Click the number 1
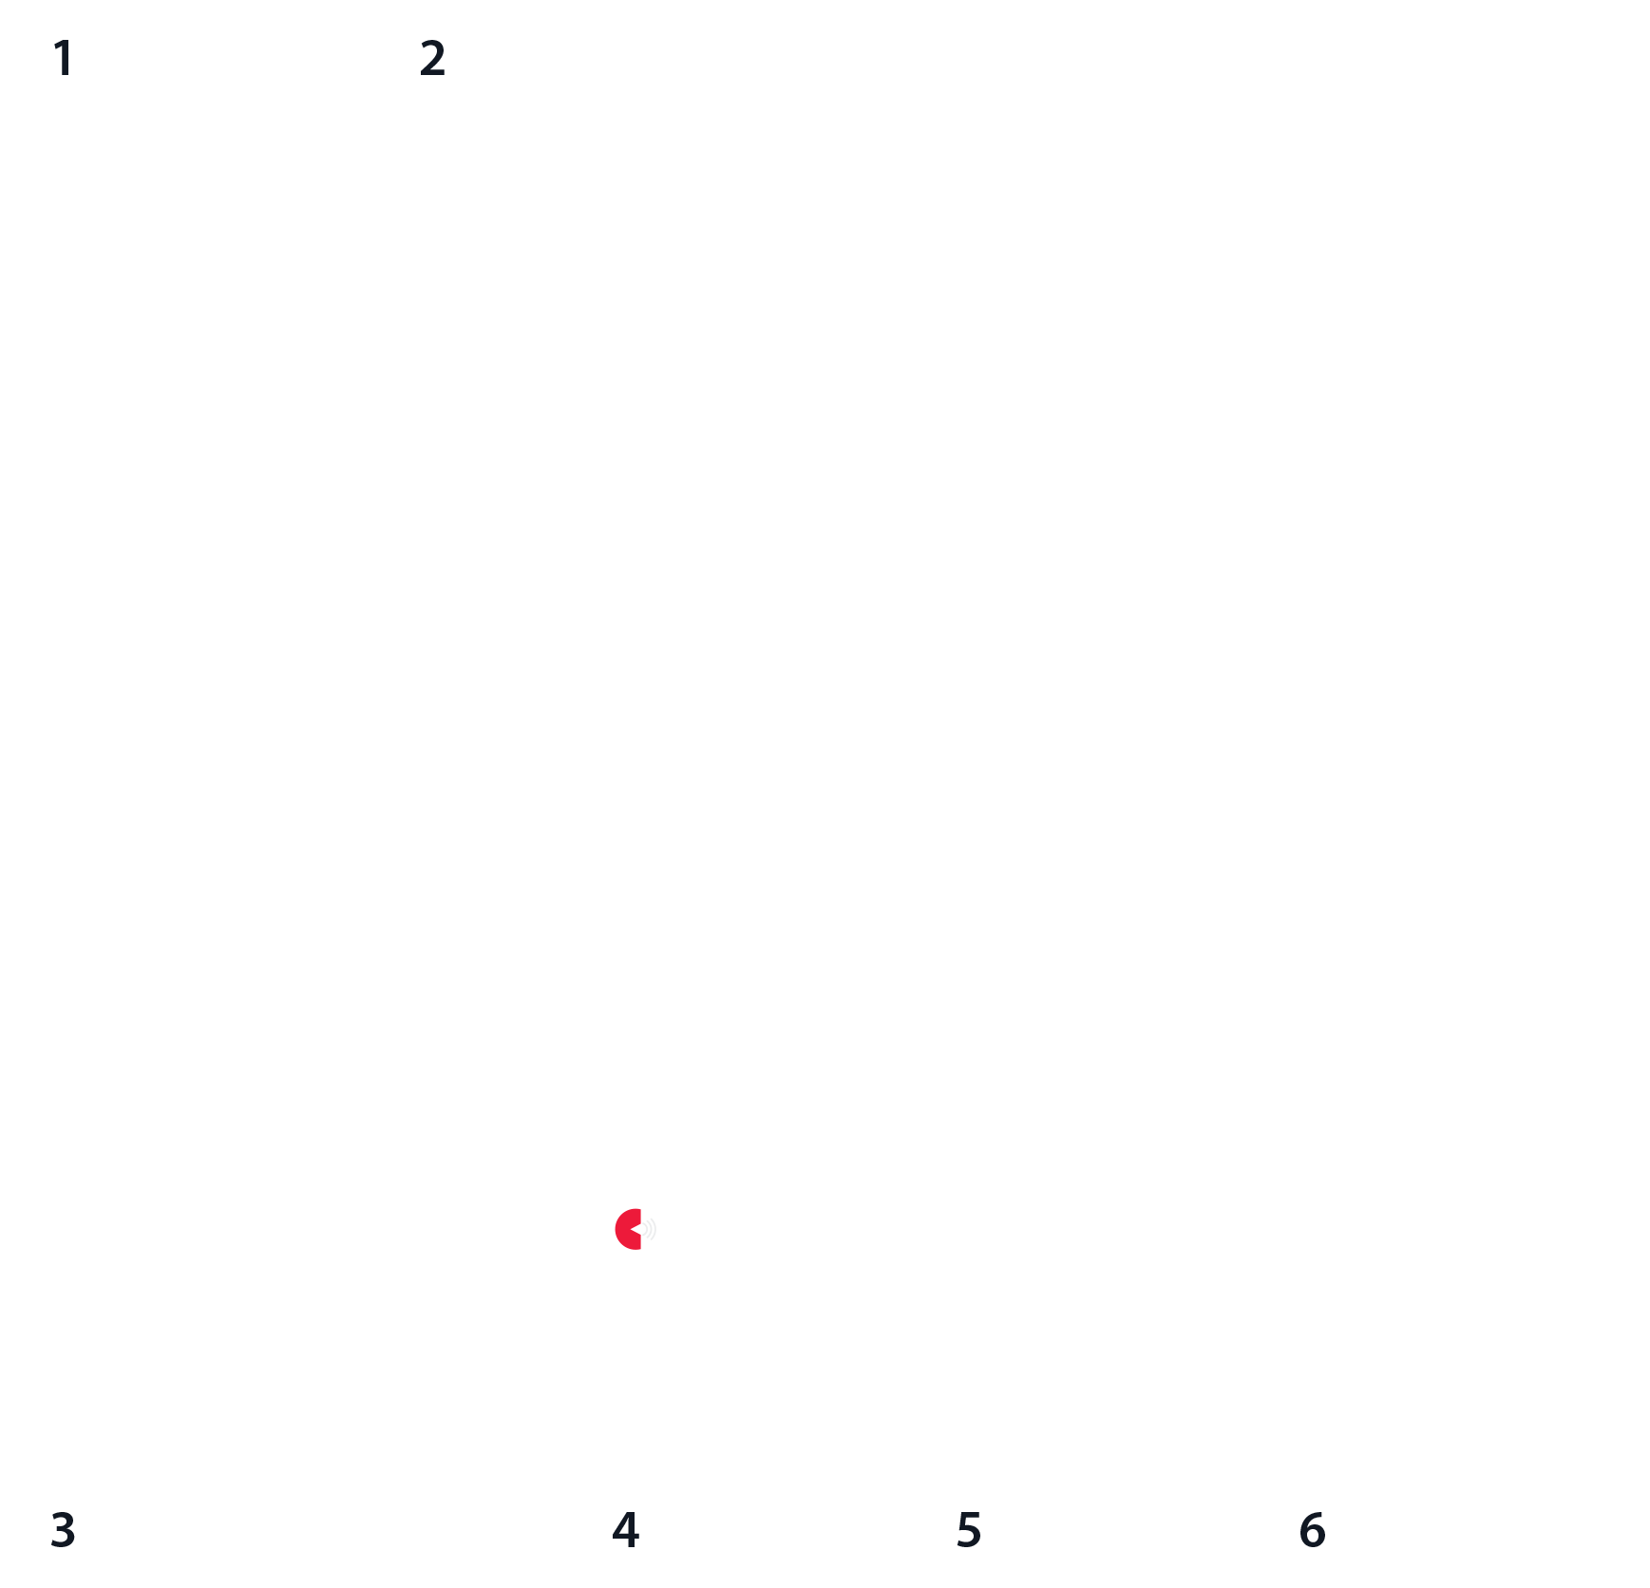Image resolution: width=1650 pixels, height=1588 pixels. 64,59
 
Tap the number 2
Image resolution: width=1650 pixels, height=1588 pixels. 432,59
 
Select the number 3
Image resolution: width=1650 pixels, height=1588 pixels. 63,1530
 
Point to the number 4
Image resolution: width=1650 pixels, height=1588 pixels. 625,1530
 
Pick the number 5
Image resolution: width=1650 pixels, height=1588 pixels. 968,1530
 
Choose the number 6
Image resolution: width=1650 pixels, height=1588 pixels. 1312,1530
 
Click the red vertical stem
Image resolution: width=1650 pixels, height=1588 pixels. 633,1254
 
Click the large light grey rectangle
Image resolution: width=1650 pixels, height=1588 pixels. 711,1259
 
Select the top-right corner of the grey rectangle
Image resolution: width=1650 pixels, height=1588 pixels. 769,1241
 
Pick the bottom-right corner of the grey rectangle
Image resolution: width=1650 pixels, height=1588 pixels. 769,1277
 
